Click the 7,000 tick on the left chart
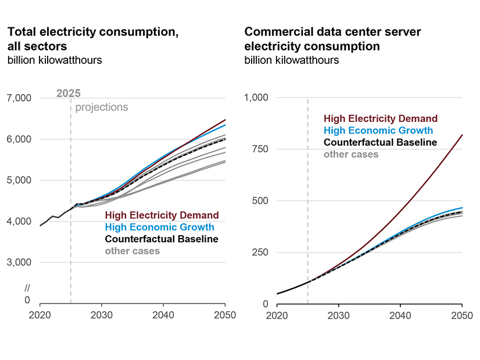19,98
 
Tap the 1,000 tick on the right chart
256,98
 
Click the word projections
102,107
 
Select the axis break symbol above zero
27,289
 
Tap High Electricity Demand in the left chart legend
162,215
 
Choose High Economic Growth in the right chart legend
378,131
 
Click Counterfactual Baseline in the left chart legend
162,239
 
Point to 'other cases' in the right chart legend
351,154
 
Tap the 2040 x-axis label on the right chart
400,315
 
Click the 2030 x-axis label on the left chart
102,315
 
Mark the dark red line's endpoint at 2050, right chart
461,135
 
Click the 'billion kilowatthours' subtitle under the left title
55,60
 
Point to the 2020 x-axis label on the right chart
277,315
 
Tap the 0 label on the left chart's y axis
27,300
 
